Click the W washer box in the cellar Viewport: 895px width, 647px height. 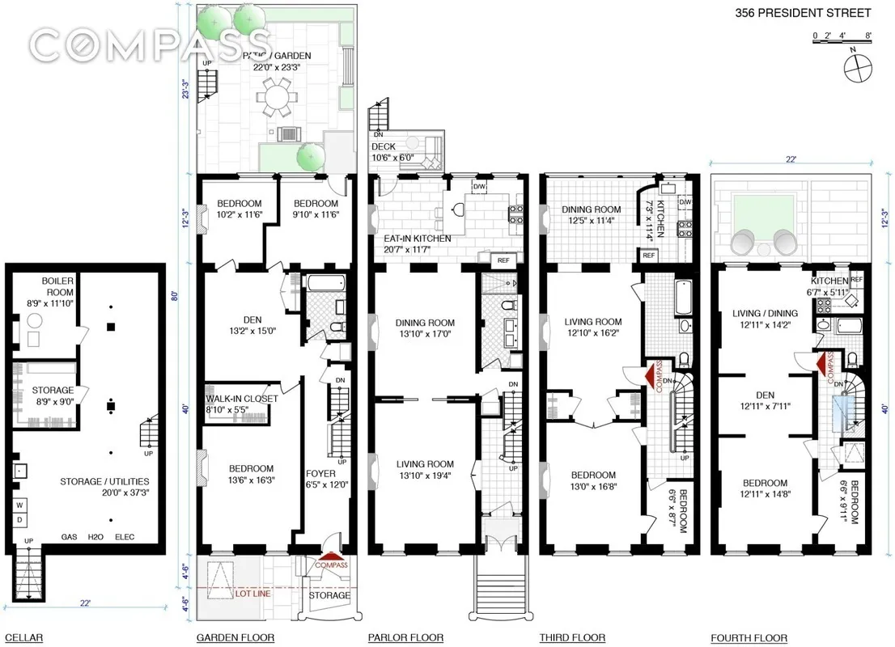point(18,505)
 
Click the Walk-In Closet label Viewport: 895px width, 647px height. point(241,404)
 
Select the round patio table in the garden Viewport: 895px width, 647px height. point(277,102)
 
